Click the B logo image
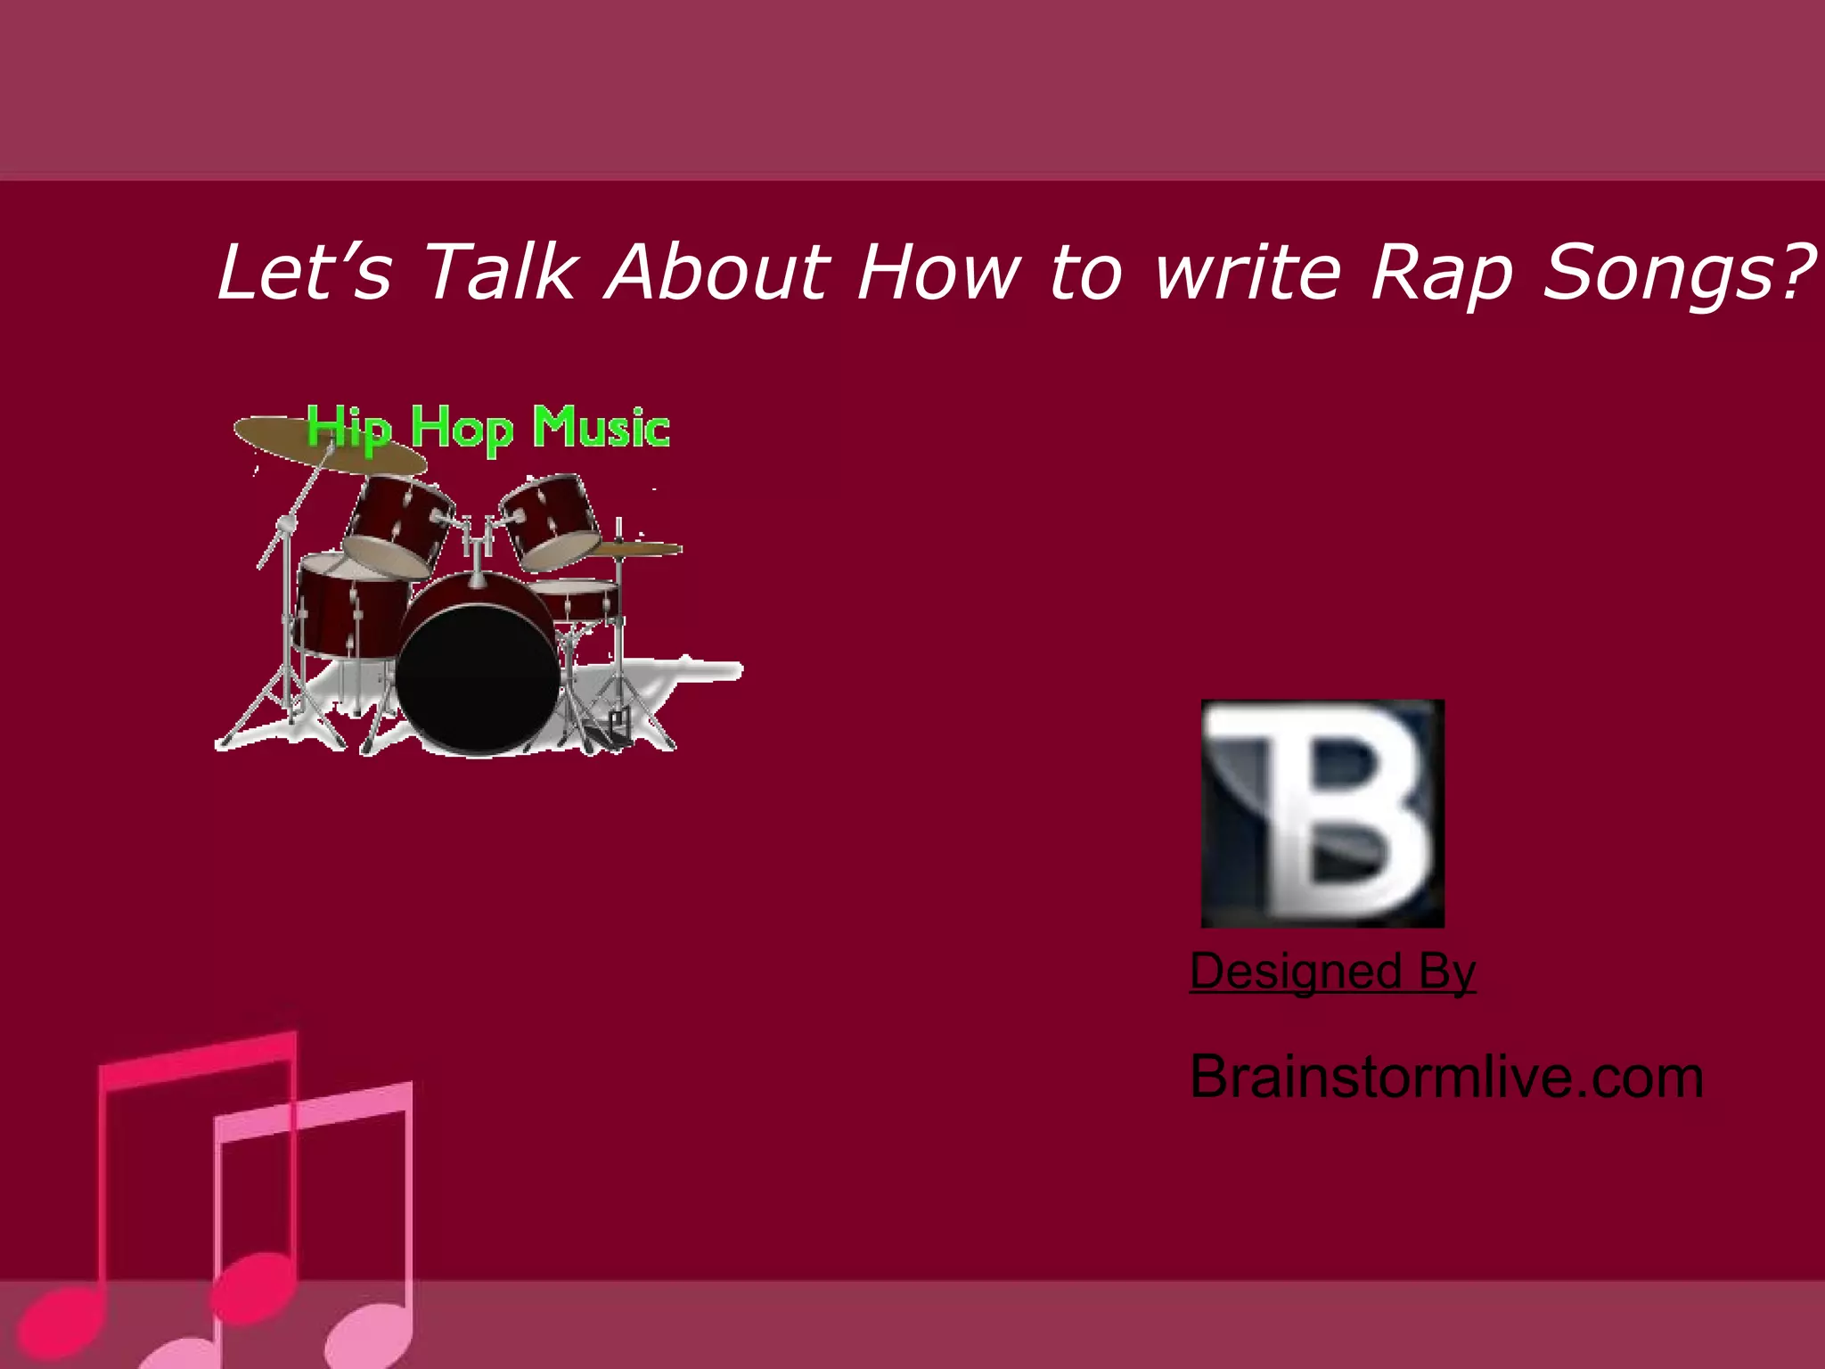point(1322,813)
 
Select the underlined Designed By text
point(1332,971)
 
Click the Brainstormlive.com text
point(1446,1078)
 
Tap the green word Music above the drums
point(602,428)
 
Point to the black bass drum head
point(479,679)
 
